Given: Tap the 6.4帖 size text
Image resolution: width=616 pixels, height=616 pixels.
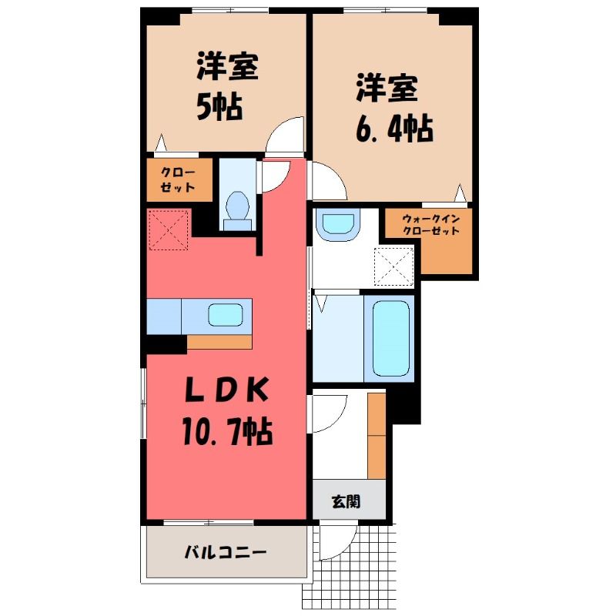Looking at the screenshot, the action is (x=394, y=129).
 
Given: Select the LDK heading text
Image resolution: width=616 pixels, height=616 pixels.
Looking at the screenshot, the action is (x=227, y=390).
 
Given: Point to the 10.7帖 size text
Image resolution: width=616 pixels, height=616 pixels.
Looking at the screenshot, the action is (x=227, y=431).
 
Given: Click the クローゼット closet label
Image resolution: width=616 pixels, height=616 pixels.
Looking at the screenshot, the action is (x=178, y=180).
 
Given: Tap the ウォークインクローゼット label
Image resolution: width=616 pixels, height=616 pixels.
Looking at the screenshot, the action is (x=431, y=225).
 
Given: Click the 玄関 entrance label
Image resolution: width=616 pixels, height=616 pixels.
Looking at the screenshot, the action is (x=346, y=502).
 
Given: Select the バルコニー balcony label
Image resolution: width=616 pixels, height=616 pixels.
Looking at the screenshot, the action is (x=226, y=553).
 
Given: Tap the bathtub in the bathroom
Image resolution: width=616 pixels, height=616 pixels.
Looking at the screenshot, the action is (x=390, y=339).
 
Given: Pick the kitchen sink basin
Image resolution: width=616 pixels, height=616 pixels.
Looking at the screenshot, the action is (x=225, y=315).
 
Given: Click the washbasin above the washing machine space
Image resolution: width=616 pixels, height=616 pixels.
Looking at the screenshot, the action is (x=339, y=223).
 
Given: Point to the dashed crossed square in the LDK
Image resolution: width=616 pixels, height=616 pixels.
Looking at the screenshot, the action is (x=169, y=229).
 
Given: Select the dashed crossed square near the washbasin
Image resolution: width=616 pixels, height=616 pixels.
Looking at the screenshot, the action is (x=394, y=266).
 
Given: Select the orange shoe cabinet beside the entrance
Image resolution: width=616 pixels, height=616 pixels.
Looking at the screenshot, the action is (x=377, y=436).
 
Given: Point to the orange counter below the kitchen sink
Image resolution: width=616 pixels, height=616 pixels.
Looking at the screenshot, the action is (x=219, y=342).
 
